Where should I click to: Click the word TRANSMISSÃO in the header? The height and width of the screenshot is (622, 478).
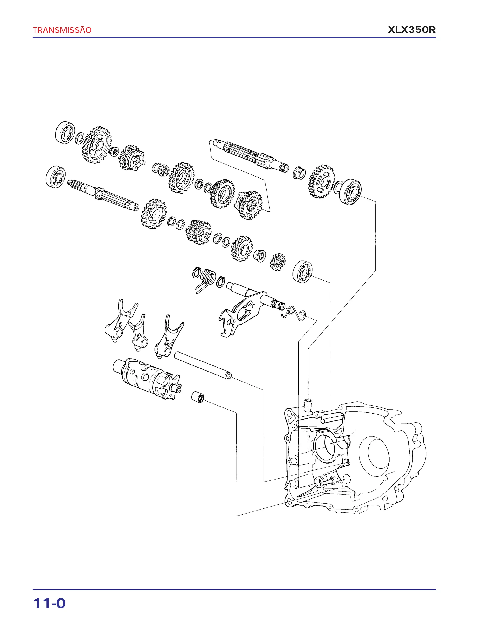pos(62,30)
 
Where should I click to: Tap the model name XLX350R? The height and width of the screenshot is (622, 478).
pos(412,30)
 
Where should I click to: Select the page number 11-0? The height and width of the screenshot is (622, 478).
pos(49,604)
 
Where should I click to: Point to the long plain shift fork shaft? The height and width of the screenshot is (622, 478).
pos(203,365)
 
